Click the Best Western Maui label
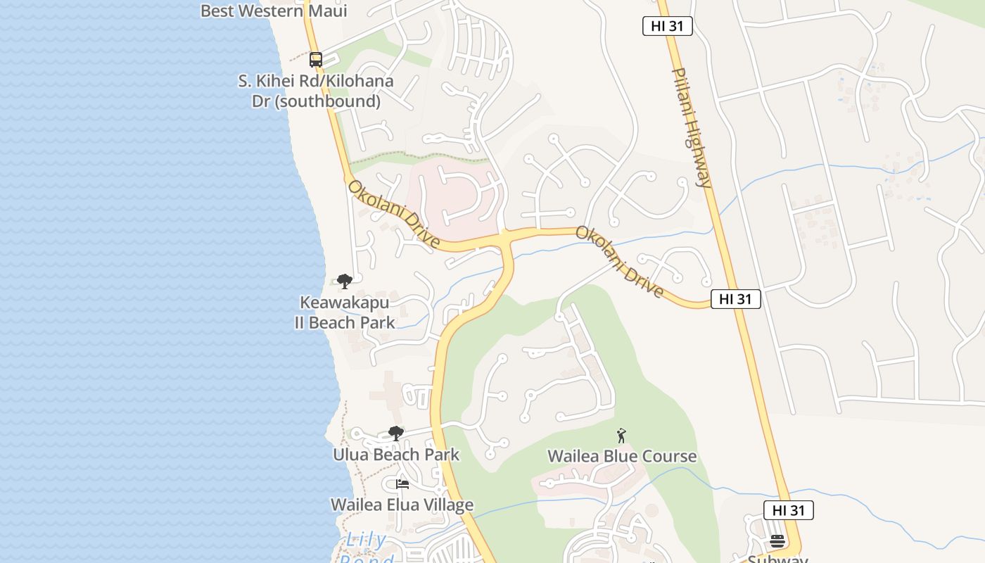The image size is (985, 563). pos(274,11)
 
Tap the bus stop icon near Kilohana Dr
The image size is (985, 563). pos(316,60)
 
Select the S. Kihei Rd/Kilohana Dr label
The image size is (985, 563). pos(316,81)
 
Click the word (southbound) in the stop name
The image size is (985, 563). pos(316,101)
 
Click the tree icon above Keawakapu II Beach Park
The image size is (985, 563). pos(344,281)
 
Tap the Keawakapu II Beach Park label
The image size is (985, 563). pos(345,312)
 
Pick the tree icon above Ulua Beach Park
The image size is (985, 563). pos(396,434)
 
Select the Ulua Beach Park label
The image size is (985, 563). pos(396,455)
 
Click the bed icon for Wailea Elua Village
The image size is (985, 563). pos(402,484)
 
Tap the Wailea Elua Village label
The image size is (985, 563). pos(402,505)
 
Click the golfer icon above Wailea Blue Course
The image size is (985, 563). pos(621,436)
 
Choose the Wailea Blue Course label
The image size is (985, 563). pos(622,456)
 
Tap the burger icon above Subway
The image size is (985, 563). pos(777,541)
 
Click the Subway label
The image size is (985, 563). pos(777,559)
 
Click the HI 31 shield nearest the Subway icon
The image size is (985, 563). pos(789,510)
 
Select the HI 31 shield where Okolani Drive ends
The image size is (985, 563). pos(735,299)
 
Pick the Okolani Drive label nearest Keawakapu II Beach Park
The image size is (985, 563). pos(394,215)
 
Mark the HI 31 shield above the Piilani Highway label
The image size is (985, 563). pos(668,27)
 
